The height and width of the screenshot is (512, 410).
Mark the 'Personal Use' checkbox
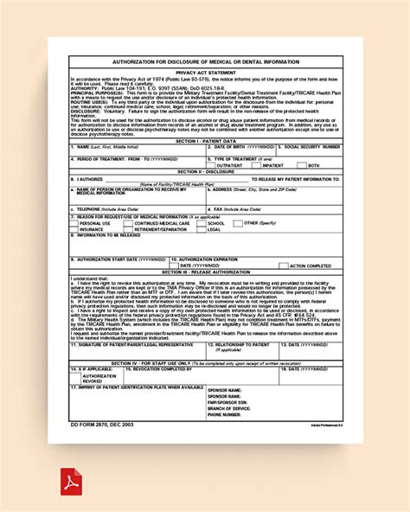(x=74, y=222)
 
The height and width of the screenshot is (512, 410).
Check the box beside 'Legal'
(x=202, y=228)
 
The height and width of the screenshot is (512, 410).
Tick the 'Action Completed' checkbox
(x=284, y=266)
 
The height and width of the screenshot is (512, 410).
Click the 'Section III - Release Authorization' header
(x=205, y=271)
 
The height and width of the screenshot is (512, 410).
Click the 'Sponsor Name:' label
(x=224, y=390)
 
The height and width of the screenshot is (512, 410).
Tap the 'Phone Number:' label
(x=224, y=414)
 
